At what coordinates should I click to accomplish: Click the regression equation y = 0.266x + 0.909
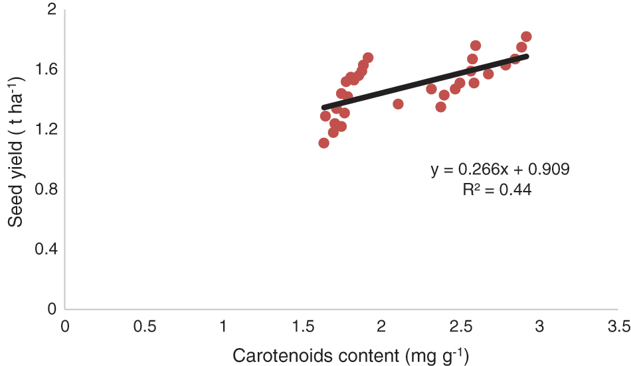(x=499, y=170)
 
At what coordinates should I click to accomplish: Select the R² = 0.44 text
(x=497, y=190)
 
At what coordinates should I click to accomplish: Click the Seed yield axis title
(x=16, y=151)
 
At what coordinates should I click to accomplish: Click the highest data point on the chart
(x=526, y=36)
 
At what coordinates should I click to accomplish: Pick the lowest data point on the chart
(x=324, y=143)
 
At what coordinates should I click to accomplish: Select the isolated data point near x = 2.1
(x=398, y=103)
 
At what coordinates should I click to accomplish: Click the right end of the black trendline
(x=526, y=56)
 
